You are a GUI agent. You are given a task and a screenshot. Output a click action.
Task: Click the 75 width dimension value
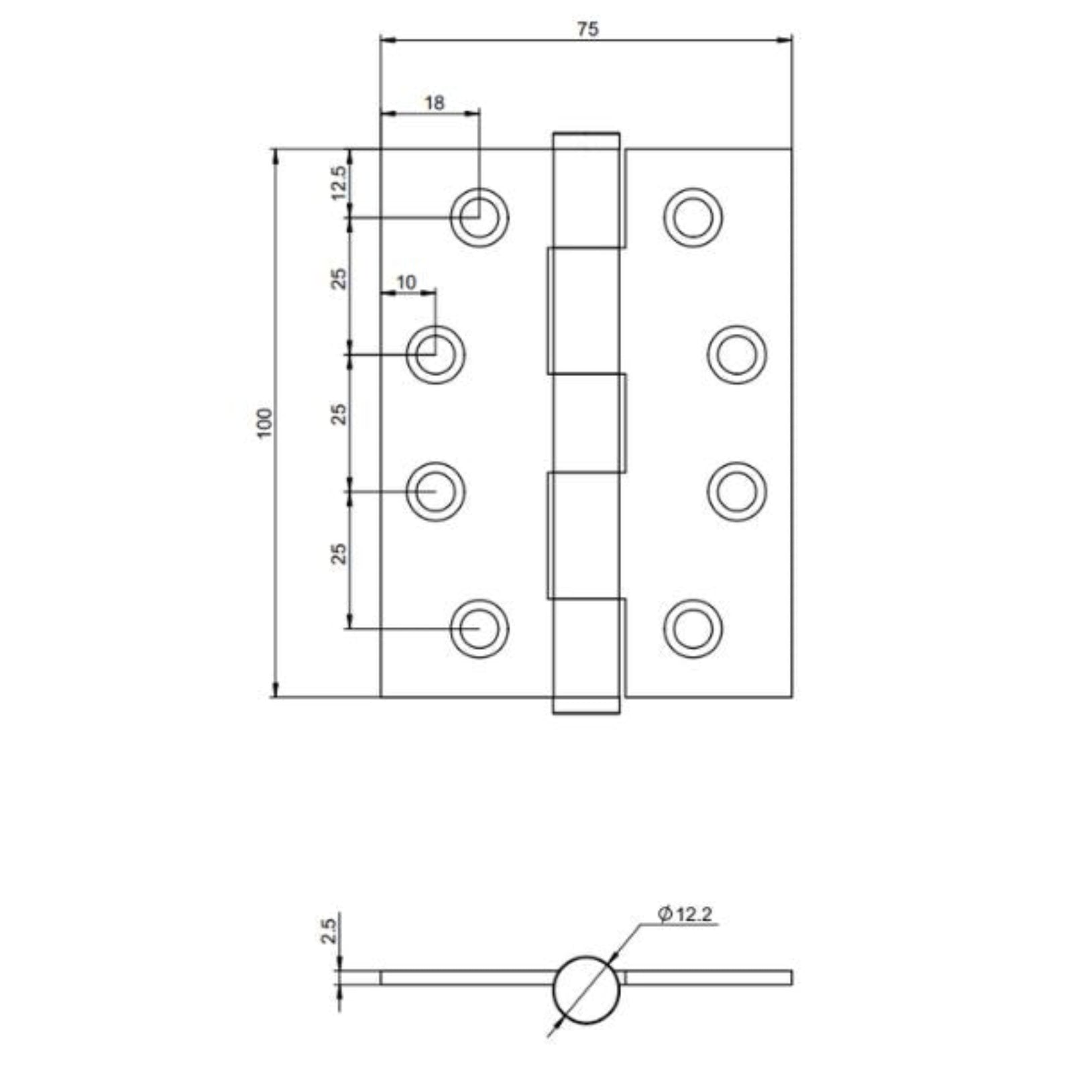587,30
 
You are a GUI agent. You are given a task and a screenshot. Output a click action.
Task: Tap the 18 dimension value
434,103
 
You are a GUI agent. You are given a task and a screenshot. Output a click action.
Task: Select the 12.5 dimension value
339,182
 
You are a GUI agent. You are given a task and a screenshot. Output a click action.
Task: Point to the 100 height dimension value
266,423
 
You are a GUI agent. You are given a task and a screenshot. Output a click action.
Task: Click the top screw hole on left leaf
479,217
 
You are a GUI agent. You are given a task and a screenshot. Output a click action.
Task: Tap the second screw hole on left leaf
436,354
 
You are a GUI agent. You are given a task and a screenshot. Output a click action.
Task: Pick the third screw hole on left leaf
436,492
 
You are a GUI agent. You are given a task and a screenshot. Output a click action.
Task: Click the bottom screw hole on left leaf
479,629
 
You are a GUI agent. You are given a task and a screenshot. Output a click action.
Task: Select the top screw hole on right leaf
693,217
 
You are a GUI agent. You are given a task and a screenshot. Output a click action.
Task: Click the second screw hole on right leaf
736,354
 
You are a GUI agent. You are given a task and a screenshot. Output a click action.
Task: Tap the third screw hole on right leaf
736,492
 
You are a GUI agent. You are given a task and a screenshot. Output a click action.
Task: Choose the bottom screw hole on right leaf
693,629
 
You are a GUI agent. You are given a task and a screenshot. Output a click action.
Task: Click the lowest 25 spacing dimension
341,553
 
